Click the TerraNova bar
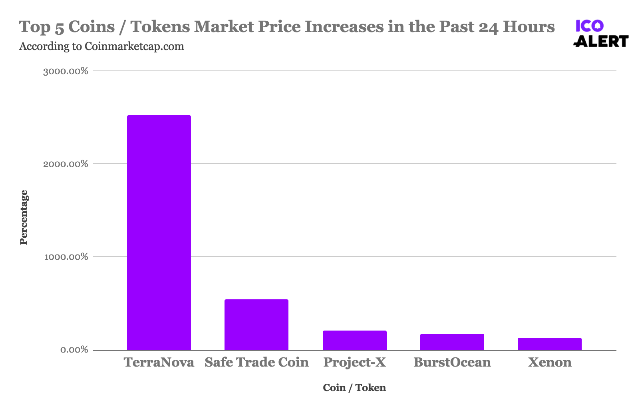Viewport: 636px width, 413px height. tap(159, 233)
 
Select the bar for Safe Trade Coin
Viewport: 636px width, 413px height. tap(256, 325)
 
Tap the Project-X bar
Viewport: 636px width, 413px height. tap(355, 340)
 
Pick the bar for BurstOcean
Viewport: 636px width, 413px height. tap(452, 342)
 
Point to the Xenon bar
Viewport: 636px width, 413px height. tap(550, 344)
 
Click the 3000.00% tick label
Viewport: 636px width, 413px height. tap(66, 71)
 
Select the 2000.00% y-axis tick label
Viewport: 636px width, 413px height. tap(66, 164)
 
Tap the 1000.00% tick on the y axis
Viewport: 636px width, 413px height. tap(66, 257)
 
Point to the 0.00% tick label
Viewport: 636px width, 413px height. tap(74, 350)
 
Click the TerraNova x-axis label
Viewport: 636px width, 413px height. tap(159, 362)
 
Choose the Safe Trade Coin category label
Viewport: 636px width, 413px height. tap(256, 362)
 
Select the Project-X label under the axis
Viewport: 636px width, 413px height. tap(355, 362)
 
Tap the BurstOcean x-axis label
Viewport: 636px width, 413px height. tap(452, 362)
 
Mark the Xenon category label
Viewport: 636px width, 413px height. tap(550, 362)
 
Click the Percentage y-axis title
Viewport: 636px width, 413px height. tap(24, 217)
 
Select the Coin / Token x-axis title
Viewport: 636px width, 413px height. tap(354, 387)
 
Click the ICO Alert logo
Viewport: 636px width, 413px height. tap(600, 34)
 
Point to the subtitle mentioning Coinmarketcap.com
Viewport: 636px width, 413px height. tap(101, 46)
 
